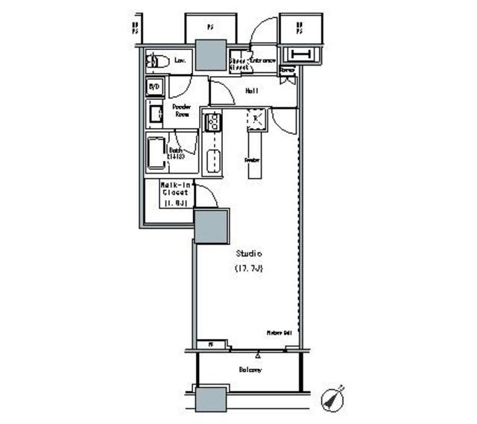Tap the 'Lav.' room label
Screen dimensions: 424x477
coord(180,60)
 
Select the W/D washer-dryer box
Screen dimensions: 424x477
coord(154,87)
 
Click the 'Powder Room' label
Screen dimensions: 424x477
coord(183,110)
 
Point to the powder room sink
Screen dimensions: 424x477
coord(157,113)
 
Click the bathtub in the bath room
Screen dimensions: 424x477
coord(157,155)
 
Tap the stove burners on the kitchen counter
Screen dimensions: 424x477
coord(212,121)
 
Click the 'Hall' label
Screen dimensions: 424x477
coord(251,91)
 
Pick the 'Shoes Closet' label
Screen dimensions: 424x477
coord(238,63)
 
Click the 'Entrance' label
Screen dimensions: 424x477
coord(263,60)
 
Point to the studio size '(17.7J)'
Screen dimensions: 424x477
coord(247,268)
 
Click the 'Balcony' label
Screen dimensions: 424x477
coord(250,370)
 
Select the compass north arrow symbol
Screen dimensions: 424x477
coord(332,399)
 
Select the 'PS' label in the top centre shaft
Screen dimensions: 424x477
coord(209,25)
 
